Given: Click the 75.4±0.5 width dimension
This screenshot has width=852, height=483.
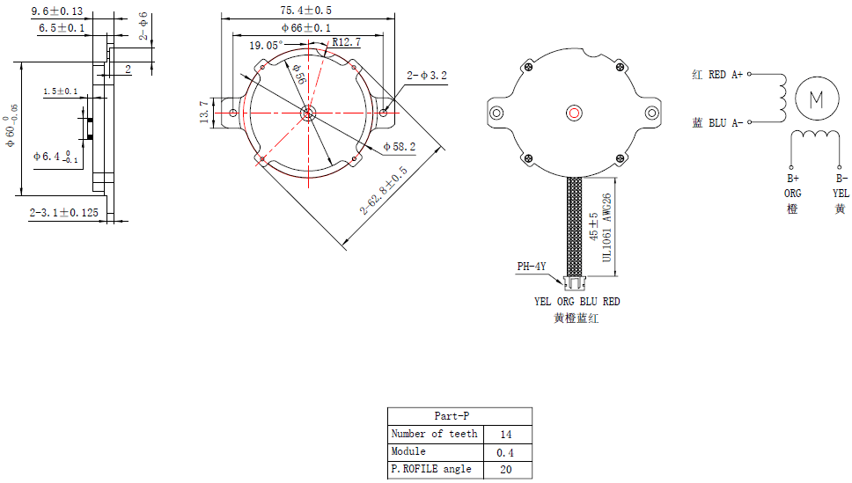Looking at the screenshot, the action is tap(306, 11).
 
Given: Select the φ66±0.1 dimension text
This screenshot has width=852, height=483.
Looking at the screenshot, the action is tap(306, 27).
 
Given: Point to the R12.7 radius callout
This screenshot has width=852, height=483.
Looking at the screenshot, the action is tap(347, 42).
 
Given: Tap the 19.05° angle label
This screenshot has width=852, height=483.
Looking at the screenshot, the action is tap(266, 46).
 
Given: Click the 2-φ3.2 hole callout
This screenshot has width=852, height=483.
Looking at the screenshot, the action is tap(427, 76).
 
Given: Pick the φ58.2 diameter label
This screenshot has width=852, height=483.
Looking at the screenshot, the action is tap(400, 147).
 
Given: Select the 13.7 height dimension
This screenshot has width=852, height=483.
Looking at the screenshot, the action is tap(204, 112).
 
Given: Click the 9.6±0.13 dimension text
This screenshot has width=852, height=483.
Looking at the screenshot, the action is tap(57, 11).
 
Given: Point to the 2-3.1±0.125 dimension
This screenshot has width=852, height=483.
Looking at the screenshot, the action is tap(64, 212).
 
